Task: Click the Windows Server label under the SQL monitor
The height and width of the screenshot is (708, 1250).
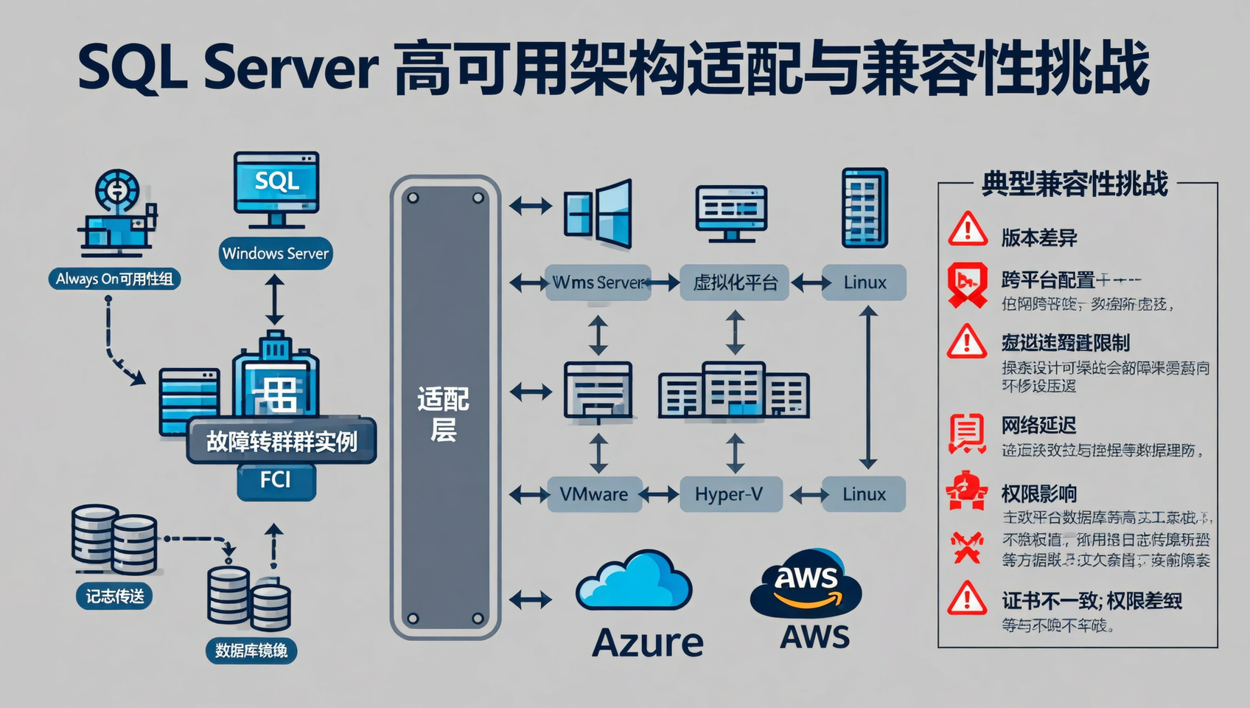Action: click(276, 254)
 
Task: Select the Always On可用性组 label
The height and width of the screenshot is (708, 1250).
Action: click(114, 279)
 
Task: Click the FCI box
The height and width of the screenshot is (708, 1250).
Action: click(276, 481)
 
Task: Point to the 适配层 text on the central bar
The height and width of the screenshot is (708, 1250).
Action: click(443, 414)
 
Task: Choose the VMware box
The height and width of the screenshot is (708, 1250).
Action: click(594, 494)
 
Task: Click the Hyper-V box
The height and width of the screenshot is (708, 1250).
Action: click(729, 494)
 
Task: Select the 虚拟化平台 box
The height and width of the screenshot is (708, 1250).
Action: click(735, 282)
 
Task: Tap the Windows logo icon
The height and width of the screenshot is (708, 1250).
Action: click(598, 213)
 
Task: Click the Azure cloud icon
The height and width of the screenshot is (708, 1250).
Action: click(634, 582)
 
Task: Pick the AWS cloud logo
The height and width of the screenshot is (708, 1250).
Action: click(806, 583)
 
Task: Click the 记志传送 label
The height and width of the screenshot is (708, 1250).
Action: click(114, 596)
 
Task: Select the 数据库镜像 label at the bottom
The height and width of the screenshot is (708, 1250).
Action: click(251, 650)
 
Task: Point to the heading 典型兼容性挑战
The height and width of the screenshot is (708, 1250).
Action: click(1075, 184)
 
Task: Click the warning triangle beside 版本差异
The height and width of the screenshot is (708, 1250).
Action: click(967, 229)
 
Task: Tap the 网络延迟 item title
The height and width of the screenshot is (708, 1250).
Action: click(1038, 425)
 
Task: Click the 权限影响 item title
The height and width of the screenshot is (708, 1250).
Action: click(1038, 493)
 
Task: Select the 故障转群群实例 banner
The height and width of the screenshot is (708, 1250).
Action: click(282, 441)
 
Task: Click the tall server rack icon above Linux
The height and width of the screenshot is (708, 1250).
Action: click(865, 208)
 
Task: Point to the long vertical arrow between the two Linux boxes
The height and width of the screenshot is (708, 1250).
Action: click(868, 388)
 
